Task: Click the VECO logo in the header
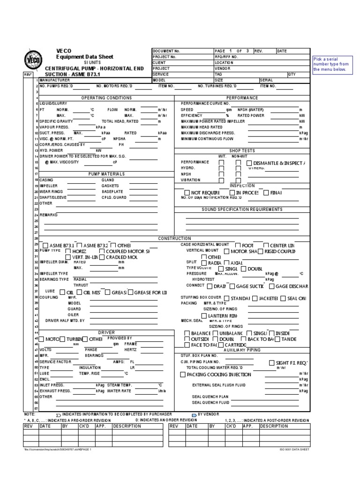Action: coord(31,61)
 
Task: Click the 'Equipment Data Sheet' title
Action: coord(84,56)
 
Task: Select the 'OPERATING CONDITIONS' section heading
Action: coord(106,97)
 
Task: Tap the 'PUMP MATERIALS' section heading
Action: coord(106,173)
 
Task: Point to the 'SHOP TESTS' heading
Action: coord(242,150)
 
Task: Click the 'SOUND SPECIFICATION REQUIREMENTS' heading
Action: coord(242,209)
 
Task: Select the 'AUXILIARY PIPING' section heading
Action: coord(242,350)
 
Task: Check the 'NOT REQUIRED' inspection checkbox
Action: coord(187,193)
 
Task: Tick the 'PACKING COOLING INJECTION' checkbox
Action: coord(183,375)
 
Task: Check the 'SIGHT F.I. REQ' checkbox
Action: coord(272,363)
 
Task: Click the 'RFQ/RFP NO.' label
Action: coord(226,57)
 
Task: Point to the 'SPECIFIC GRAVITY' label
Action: coord(55,120)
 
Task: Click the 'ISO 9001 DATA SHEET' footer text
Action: coord(294,449)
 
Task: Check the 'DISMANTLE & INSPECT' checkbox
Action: coord(249,163)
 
